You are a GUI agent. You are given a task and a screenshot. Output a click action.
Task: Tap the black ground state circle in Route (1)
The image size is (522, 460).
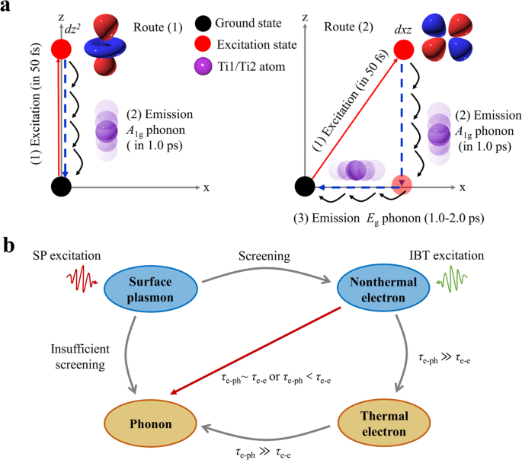(61, 186)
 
